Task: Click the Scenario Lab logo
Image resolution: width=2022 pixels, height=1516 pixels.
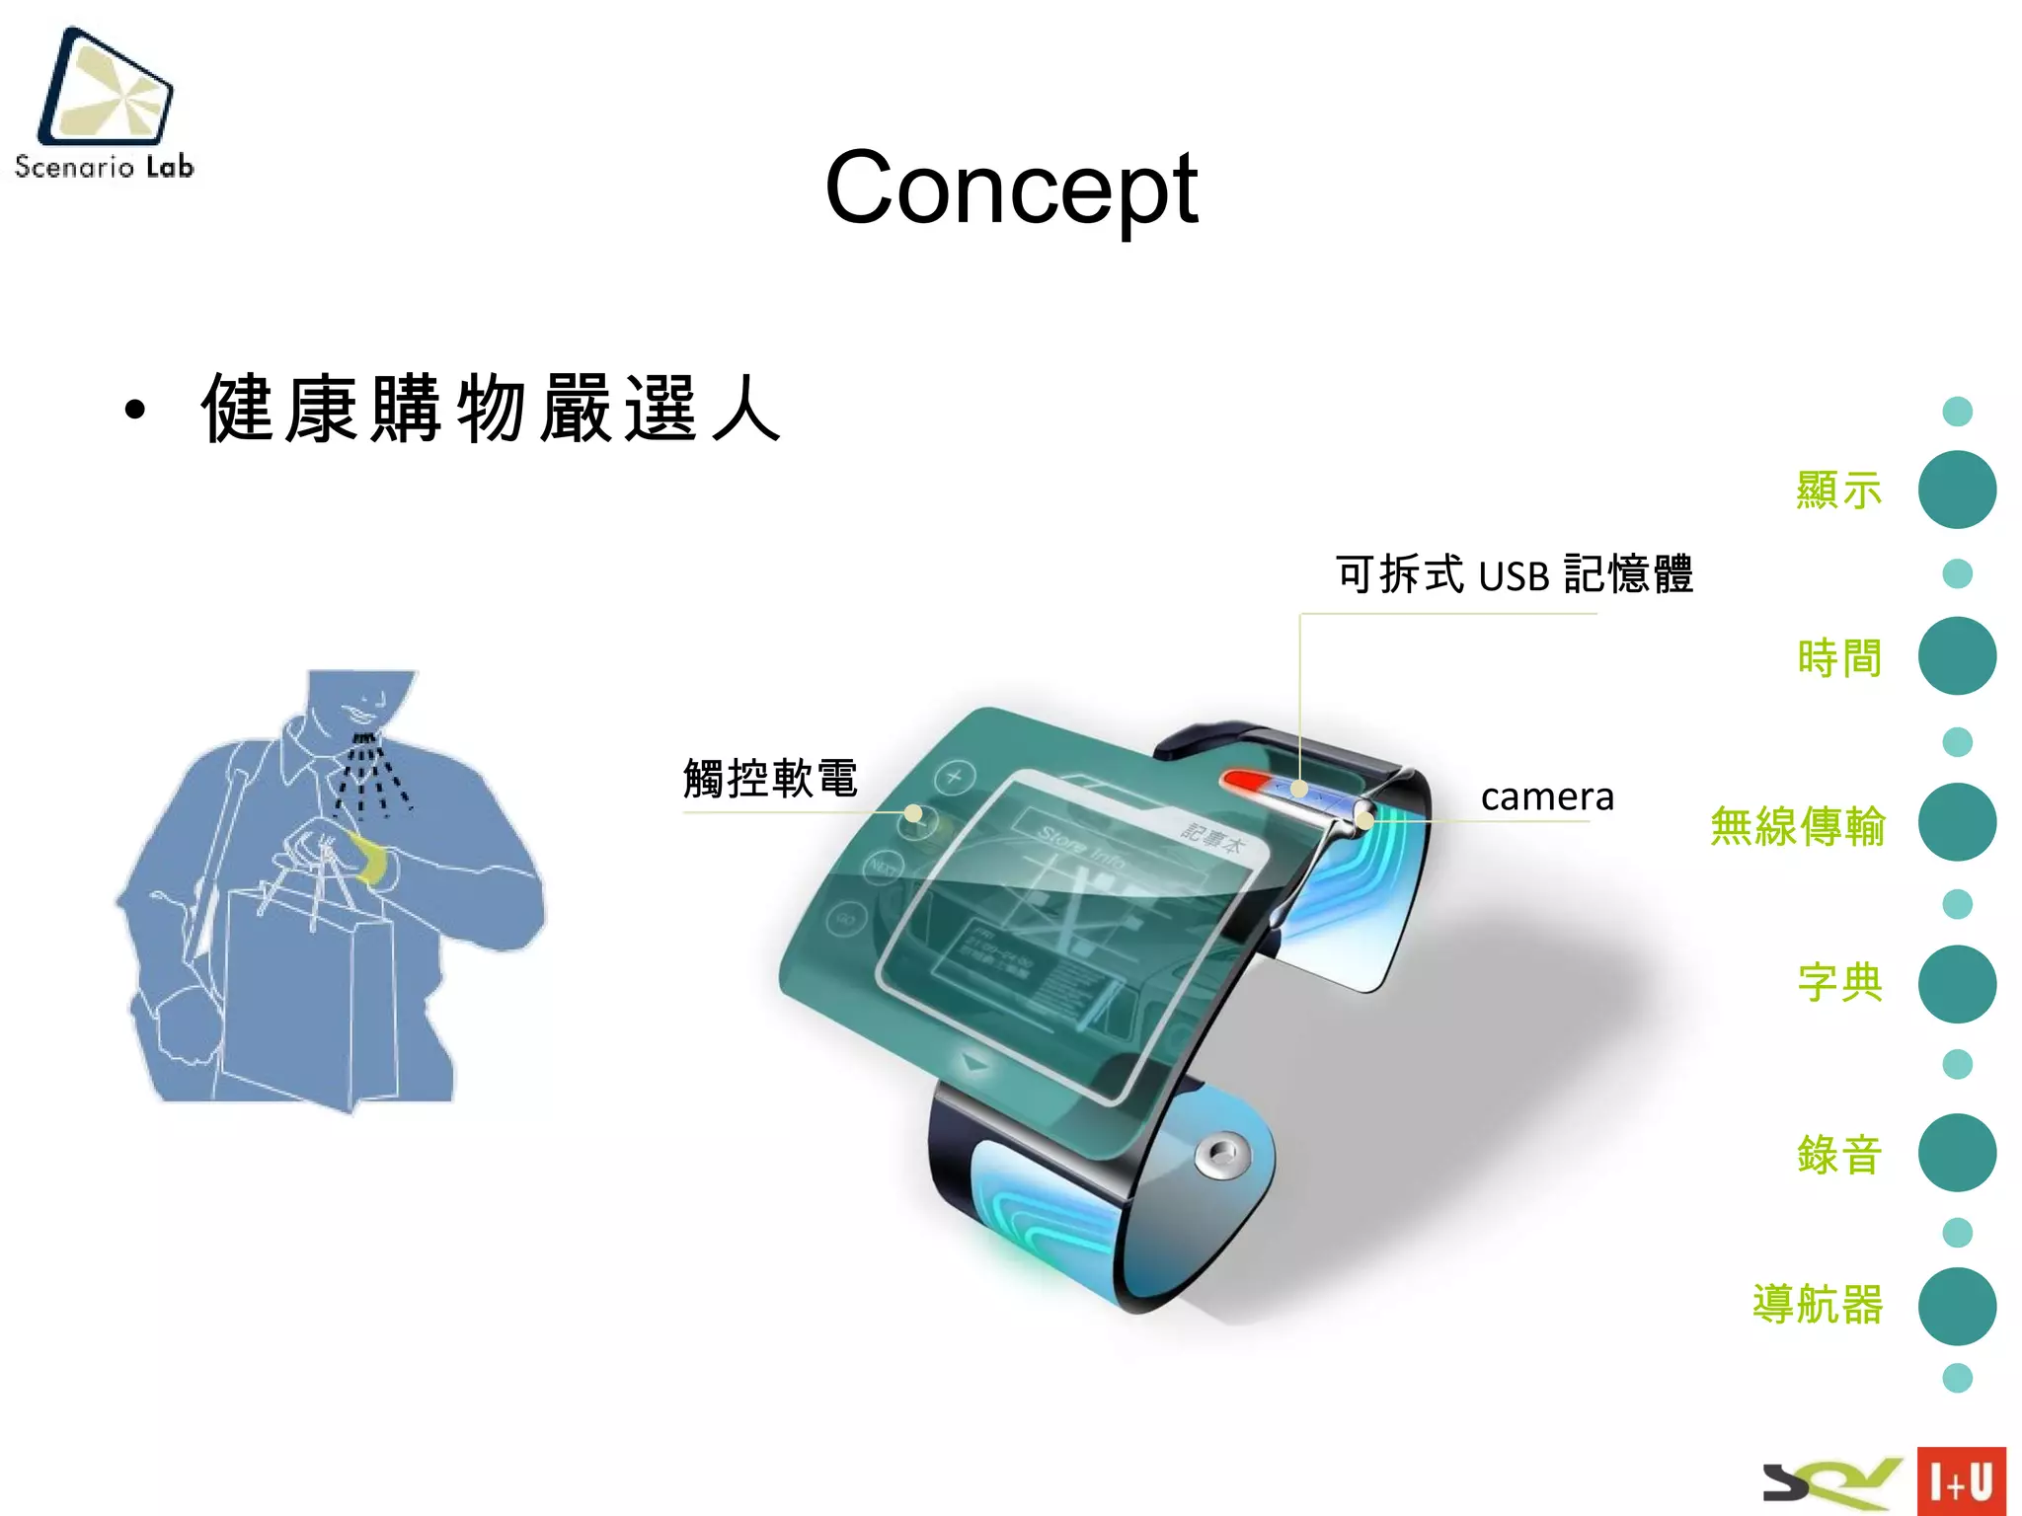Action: point(105,104)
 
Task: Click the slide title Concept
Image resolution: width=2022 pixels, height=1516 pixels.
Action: point(1011,188)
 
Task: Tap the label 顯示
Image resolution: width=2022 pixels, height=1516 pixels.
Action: point(1838,491)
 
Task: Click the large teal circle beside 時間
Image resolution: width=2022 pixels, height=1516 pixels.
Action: point(1957,656)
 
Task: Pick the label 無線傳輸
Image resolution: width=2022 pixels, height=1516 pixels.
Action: point(1797,825)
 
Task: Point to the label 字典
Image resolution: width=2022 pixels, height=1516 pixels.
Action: point(1839,983)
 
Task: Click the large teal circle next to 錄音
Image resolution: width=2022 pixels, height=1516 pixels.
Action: point(1957,1153)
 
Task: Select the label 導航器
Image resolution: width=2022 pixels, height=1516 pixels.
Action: point(1818,1305)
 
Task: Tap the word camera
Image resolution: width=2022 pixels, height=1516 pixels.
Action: point(1547,796)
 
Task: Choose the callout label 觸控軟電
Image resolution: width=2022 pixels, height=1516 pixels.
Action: point(770,779)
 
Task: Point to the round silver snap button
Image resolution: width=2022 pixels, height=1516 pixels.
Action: point(1221,1153)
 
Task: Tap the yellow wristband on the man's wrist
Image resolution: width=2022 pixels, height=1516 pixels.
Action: point(370,857)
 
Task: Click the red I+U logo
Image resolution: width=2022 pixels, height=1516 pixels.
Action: point(1961,1480)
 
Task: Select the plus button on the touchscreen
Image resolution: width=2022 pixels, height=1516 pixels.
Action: point(954,777)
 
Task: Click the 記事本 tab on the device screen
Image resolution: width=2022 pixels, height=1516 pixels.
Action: point(1213,837)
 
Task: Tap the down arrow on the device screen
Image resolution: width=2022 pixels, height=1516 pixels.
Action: point(975,1063)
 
